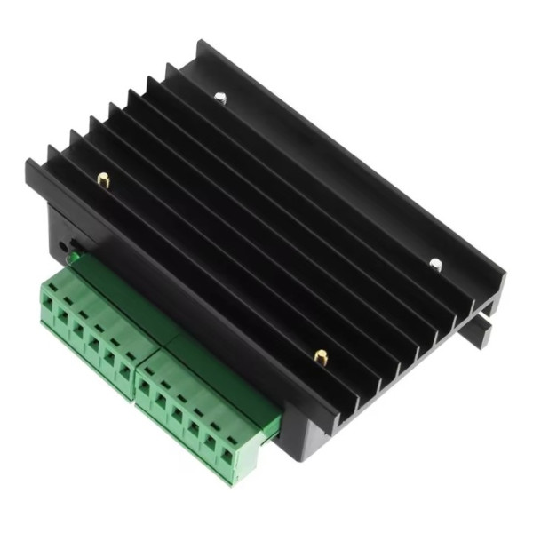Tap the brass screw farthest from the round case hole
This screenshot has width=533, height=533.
321,357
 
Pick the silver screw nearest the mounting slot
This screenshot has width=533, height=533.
435,263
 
